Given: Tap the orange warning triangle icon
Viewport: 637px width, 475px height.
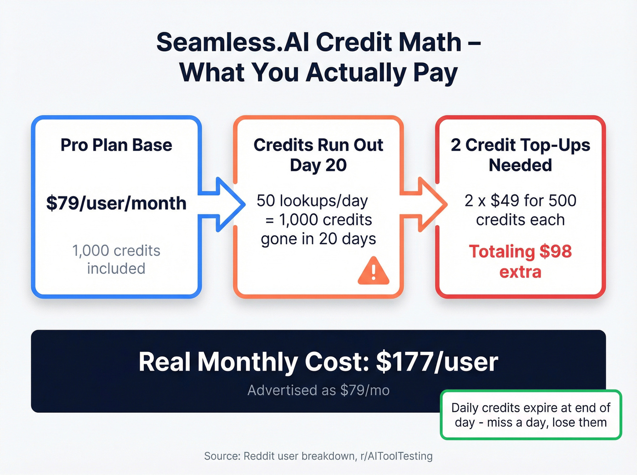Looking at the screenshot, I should point(373,271).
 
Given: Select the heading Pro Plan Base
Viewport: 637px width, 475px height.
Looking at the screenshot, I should point(116,145).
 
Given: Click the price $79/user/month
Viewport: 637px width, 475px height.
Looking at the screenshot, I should point(116,203).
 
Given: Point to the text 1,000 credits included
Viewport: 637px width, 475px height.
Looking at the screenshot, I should point(116,260).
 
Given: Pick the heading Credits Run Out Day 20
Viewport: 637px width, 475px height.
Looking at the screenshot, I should point(318,155).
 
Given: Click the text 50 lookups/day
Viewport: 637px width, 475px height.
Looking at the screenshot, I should point(312,200).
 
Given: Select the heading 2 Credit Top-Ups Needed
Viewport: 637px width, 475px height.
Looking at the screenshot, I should point(520,155).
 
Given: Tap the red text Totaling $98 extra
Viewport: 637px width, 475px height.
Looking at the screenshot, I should point(520,261).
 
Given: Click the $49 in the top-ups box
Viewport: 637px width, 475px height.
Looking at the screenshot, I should point(505,200).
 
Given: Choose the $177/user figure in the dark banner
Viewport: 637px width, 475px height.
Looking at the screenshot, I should point(437,362).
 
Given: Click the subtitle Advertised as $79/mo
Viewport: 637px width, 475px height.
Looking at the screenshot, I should point(318,390).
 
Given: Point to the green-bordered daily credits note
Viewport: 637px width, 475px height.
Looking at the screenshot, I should point(531,415).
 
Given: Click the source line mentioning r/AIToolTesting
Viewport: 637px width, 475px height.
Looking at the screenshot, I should point(318,456).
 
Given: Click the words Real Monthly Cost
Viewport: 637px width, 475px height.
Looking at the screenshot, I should point(253,362).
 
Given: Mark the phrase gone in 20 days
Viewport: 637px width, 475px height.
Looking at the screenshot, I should point(318,239).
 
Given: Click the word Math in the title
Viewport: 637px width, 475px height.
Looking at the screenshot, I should point(430,42).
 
